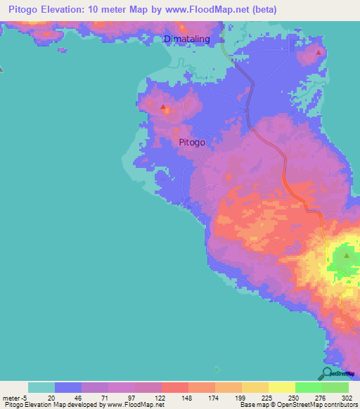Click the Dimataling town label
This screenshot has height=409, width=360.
tap(186, 39)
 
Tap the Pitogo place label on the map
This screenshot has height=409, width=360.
tap(192, 142)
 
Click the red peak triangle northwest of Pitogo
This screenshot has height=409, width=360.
tap(163, 108)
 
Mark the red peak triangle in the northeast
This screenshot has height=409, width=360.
tap(319, 52)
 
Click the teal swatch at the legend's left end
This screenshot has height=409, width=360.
tap(41, 387)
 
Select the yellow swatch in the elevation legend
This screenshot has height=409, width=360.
tap(282, 387)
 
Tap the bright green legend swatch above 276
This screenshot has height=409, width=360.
tap(309, 387)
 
